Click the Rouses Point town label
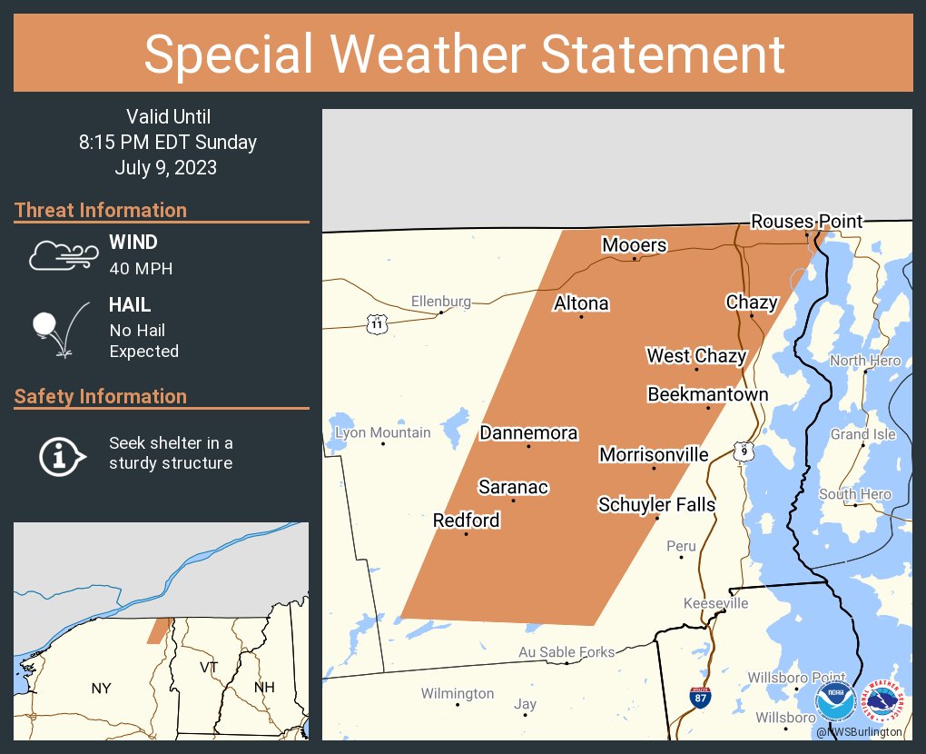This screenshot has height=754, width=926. pos(806,221)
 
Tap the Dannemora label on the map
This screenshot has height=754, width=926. pos(528,432)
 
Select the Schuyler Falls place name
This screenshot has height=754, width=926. pos(656,504)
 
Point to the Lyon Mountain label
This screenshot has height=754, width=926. pos(382,432)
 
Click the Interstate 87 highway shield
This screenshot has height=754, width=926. pos(699,697)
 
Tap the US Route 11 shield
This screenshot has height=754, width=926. pos(377,323)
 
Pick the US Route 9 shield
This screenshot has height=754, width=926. pos(744,450)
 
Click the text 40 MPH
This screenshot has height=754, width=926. pos(141,268)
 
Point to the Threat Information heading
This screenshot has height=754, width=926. pos(101,210)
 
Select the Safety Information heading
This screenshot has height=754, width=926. pos(101,396)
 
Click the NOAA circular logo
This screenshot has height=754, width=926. pos(834,702)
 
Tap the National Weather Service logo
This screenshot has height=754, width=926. pos(885,702)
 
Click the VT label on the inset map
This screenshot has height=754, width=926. pos(209,667)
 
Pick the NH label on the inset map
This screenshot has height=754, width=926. pos(264,687)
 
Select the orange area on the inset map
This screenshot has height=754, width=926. pos(159,630)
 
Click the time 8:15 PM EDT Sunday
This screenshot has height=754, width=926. pos(168,143)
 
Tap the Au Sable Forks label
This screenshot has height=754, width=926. pos(566,651)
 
